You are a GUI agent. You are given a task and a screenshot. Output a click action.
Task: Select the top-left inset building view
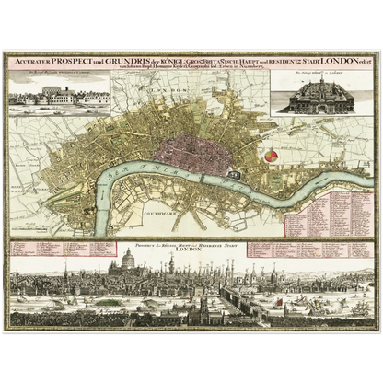click(56, 89)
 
